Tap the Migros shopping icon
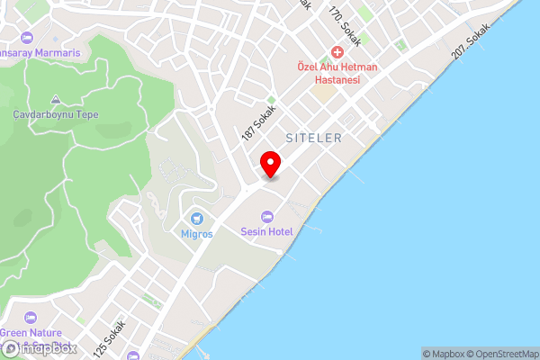tap(197, 219)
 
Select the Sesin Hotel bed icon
tap(266, 216)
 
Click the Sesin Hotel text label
tap(266, 231)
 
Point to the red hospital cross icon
tap(337, 52)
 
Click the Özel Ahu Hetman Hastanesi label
tap(337, 73)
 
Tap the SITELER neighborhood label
tap(313, 138)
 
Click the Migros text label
tap(196, 234)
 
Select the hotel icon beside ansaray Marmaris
tap(24, 38)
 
